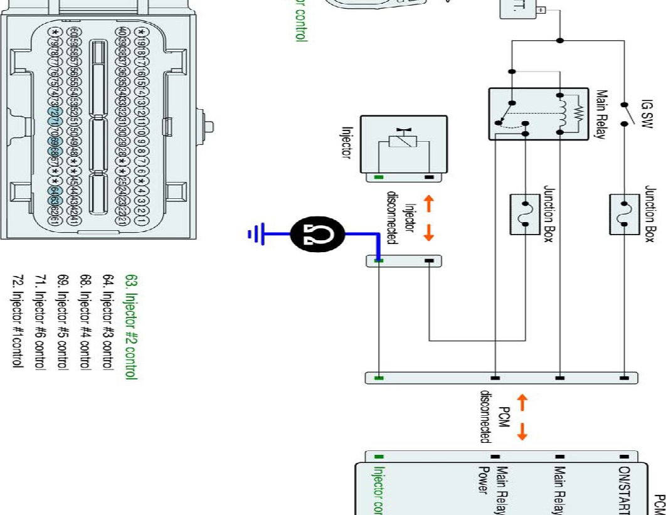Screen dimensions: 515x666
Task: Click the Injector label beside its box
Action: [346, 144]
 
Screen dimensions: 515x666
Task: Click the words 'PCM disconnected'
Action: [495, 417]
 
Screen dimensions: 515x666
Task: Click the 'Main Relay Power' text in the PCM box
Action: [493, 489]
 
